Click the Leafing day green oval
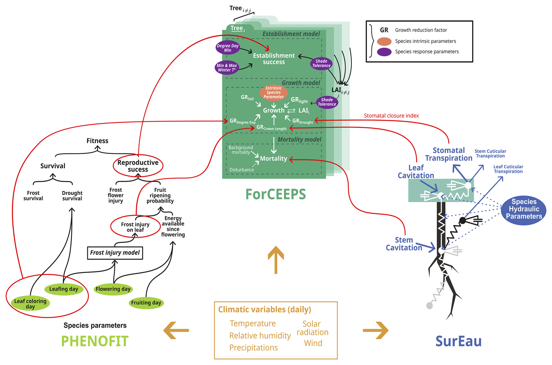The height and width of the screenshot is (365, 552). (64, 289)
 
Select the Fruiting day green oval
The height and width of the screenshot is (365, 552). (146, 303)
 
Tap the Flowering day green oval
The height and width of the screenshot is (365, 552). (113, 289)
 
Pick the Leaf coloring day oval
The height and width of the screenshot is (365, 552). (30, 304)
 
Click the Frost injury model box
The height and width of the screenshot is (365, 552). (115, 253)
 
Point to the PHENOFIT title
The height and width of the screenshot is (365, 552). (95, 341)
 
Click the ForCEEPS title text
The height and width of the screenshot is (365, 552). (275, 194)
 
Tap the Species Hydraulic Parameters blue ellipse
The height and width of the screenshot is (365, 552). (524, 209)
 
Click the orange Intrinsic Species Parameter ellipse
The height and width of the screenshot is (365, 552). (274, 92)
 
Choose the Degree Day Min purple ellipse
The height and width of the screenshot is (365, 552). (228, 48)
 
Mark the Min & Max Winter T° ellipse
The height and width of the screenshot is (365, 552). (227, 68)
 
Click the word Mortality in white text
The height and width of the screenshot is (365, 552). (273, 158)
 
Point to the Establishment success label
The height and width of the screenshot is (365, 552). (274, 59)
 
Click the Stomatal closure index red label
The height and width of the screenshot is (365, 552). (391, 116)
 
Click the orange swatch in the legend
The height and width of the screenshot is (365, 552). (384, 41)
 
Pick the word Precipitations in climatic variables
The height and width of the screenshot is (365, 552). (253, 348)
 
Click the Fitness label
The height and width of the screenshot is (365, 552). (97, 141)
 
